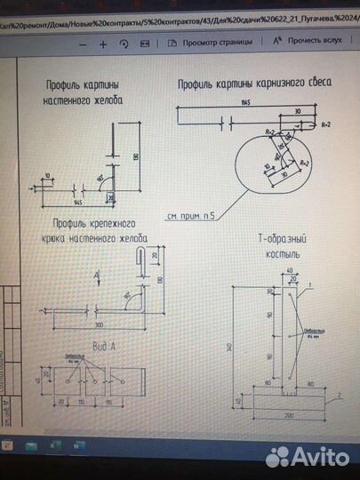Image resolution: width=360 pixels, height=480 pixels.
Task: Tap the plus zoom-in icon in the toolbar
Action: tap(102, 42)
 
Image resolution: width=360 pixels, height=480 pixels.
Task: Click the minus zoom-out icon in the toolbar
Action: tap(82, 42)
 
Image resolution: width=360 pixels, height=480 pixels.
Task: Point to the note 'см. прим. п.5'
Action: tap(191, 215)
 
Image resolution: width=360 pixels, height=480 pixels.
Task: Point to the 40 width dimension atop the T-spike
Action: tap(290, 269)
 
